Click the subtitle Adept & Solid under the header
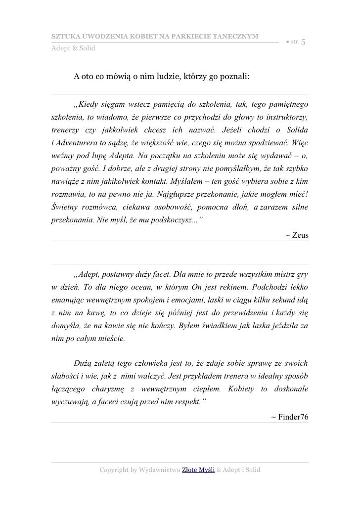point(74,48)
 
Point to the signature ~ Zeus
point(297,235)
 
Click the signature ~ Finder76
point(290,417)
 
